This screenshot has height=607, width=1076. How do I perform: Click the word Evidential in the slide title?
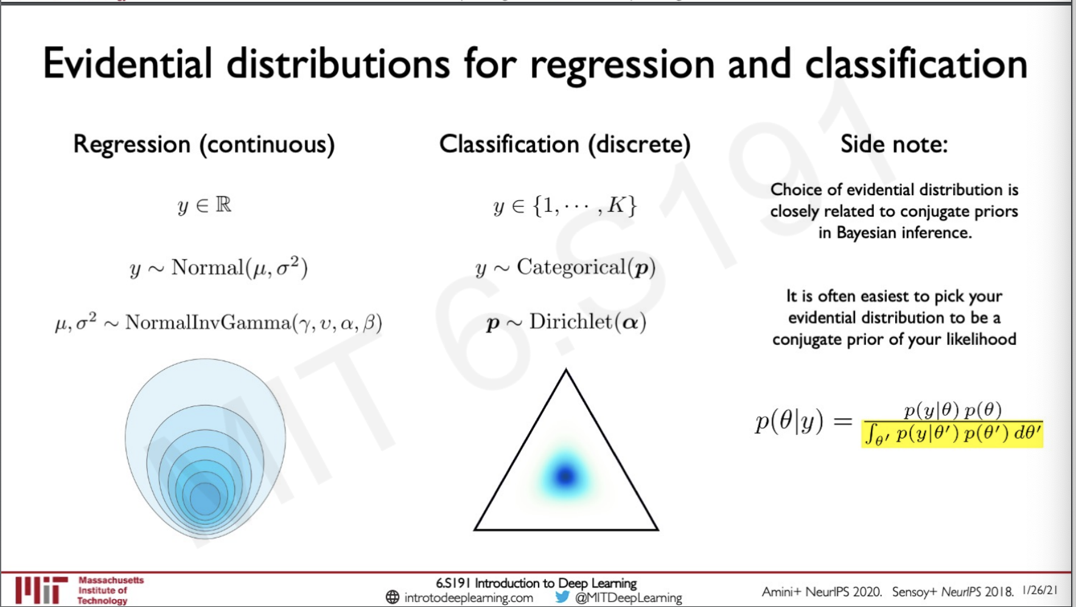(128, 64)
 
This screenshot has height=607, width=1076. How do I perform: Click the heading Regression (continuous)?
(204, 145)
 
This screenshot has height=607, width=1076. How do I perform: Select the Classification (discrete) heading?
(565, 145)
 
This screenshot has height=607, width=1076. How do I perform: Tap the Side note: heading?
(894, 144)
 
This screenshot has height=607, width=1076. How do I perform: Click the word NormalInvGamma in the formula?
(208, 322)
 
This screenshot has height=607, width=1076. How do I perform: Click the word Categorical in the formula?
(571, 267)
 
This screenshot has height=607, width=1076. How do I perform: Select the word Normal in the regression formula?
(208, 267)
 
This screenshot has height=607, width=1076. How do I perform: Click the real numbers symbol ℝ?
(223, 204)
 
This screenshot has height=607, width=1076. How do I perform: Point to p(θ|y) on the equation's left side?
(789, 421)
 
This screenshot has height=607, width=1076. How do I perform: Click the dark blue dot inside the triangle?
(566, 476)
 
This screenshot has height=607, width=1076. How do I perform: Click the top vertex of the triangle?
(566, 370)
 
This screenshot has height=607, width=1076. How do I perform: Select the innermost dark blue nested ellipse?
(205, 498)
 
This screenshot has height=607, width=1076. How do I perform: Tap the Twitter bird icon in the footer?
(562, 597)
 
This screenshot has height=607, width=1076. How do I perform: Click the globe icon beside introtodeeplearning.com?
(393, 597)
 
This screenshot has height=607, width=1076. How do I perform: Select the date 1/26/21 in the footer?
(1040, 590)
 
